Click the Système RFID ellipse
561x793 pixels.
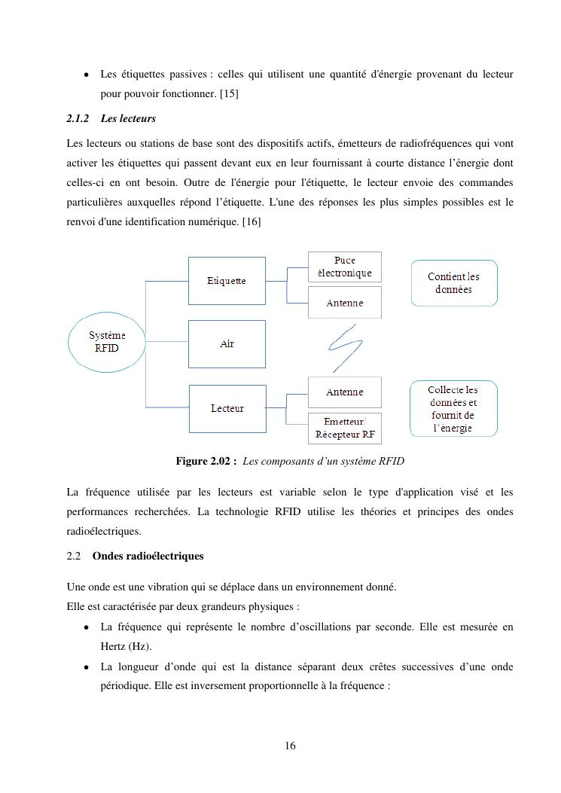tap(107, 342)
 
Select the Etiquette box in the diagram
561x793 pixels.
tap(227, 280)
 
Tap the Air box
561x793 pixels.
tap(227, 343)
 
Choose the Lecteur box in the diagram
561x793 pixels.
tap(227, 408)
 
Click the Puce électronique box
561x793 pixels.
tap(344, 267)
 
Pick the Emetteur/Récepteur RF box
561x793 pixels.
tap(344, 429)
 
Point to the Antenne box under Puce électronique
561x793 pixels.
tap(344, 303)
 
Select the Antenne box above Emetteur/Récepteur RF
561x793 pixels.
tap(344, 392)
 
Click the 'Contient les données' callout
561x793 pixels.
tap(454, 282)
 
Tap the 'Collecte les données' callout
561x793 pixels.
tap(453, 408)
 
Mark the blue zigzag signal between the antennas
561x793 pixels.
tap(346, 346)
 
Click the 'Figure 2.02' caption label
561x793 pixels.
tap(206, 461)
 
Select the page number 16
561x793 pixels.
tap(291, 746)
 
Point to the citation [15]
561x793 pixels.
tap(229, 94)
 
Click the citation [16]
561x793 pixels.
tap(251, 221)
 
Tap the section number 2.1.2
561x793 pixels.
tap(78, 119)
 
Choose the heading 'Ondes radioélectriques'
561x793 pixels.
tap(148, 556)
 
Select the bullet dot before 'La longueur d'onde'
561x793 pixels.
tap(87, 667)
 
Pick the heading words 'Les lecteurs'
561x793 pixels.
tap(128, 119)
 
